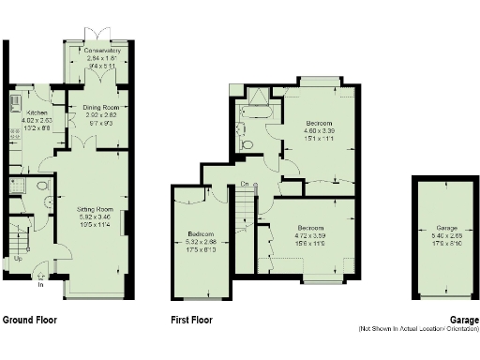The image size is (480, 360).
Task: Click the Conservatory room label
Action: pyautogui.click(x=97, y=51)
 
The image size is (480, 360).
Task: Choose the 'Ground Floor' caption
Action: pyautogui.click(x=29, y=321)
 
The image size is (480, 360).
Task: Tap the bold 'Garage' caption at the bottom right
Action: pyautogui.click(x=462, y=320)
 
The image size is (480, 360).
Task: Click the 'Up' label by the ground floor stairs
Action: pyautogui.click(x=17, y=258)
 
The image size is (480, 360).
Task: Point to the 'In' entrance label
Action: pyautogui.click(x=40, y=285)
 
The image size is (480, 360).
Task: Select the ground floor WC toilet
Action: pyautogui.click(x=45, y=186)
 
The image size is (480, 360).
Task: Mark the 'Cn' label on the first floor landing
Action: pyautogui.click(x=244, y=184)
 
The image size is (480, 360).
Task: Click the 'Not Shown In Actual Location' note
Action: pyautogui.click(x=417, y=329)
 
